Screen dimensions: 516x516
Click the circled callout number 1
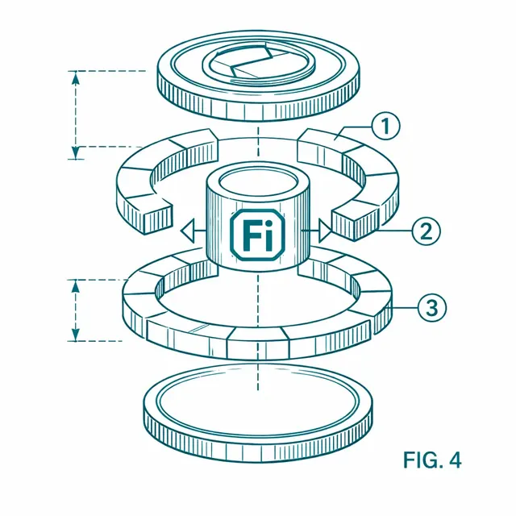(x=385, y=127)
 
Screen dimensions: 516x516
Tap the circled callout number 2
(x=427, y=231)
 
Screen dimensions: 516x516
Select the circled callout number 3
(x=432, y=308)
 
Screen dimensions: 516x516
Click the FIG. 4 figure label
(x=432, y=460)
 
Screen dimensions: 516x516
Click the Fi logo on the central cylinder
(x=257, y=235)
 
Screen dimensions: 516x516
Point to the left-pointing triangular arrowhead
(x=188, y=231)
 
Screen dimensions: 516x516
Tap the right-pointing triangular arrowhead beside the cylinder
(x=325, y=231)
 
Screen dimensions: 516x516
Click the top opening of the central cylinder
(x=258, y=182)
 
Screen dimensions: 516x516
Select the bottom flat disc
(x=258, y=413)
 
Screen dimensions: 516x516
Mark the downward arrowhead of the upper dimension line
(x=76, y=152)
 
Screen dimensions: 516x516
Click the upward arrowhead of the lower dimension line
(x=76, y=286)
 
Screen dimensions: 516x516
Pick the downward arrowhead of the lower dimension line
(x=76, y=335)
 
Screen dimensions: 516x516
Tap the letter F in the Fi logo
(x=249, y=235)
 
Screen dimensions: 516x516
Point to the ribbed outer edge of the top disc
(x=258, y=105)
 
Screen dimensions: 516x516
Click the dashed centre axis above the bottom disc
(x=258, y=375)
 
